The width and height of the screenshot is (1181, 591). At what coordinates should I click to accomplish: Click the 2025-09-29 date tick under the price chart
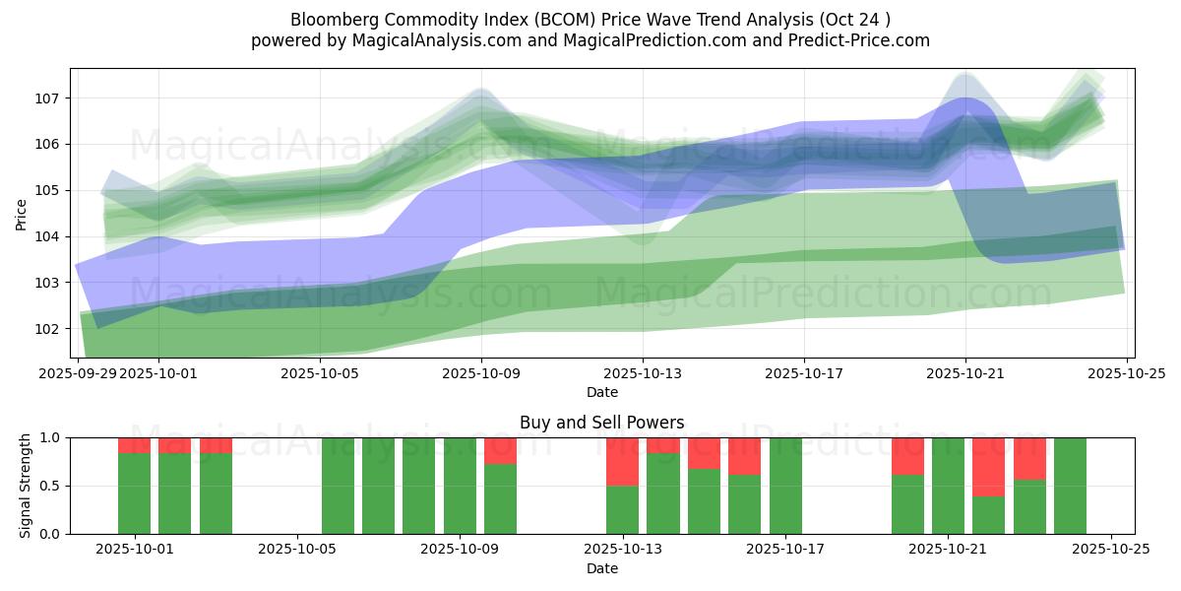click(78, 373)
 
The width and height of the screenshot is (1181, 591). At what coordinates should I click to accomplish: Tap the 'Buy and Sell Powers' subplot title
click(601, 423)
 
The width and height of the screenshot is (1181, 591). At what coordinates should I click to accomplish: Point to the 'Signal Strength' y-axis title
click(27, 486)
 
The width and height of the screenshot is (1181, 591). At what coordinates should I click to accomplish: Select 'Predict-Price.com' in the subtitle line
click(852, 40)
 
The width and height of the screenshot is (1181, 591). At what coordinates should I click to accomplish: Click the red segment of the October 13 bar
click(622, 461)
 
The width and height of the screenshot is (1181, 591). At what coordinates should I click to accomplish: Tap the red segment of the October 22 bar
click(988, 467)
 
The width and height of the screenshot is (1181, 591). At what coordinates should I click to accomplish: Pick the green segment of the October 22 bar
click(988, 515)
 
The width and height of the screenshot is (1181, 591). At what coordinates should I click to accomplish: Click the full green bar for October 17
click(785, 486)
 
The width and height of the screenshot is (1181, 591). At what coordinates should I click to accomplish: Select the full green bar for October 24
click(1070, 486)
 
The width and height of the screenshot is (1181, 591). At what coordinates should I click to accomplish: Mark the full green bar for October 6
click(338, 486)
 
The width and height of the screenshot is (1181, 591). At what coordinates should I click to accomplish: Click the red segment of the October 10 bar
click(500, 450)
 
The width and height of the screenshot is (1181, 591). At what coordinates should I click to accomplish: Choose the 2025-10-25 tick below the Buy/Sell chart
click(1110, 550)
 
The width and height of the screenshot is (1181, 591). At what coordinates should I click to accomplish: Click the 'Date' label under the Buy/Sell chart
click(601, 568)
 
